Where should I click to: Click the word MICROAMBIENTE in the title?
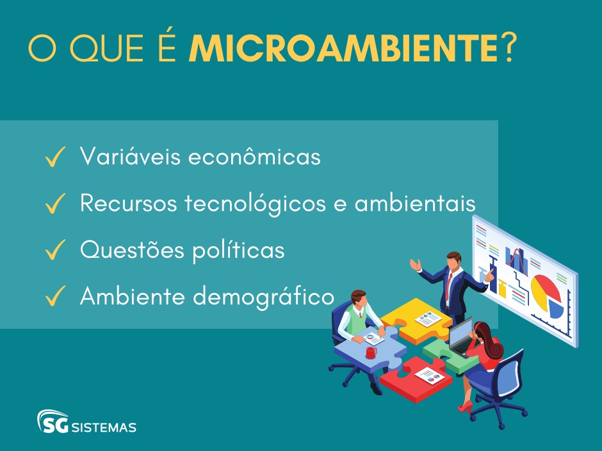click(343, 49)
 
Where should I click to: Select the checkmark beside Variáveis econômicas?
click(56, 157)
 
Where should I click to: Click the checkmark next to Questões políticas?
click(56, 251)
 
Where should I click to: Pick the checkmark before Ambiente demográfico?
click(56, 297)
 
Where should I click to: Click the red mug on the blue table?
click(370, 352)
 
